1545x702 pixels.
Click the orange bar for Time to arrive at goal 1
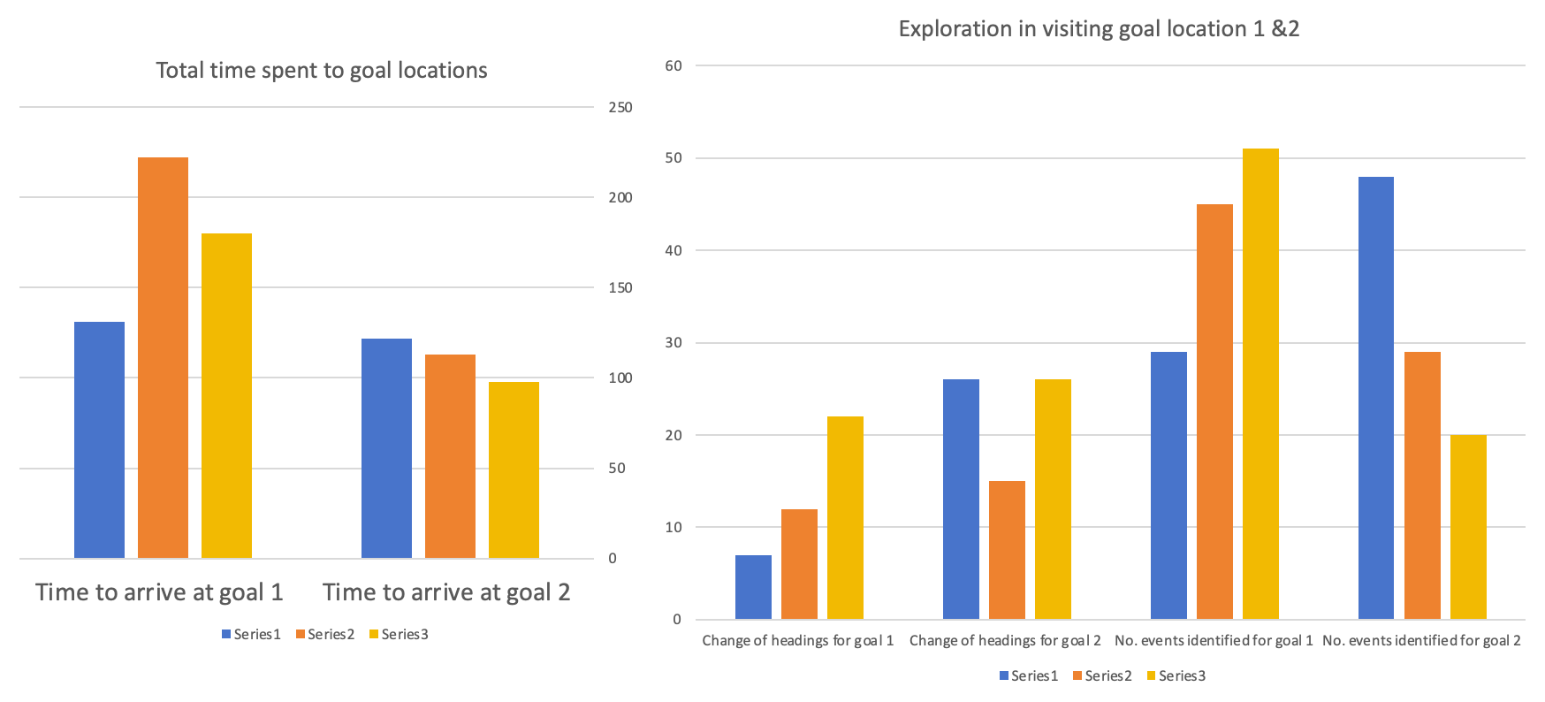tap(163, 358)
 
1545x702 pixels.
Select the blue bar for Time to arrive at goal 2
tap(386, 448)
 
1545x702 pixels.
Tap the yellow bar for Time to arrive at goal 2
tap(514, 469)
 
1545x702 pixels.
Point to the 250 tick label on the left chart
tap(620, 107)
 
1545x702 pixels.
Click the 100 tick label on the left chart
tap(620, 378)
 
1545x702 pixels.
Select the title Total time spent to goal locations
tap(322, 71)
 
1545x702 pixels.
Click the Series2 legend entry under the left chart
tap(325, 634)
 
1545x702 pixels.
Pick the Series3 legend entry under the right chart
tap(1176, 675)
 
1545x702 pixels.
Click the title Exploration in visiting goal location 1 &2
tap(1099, 29)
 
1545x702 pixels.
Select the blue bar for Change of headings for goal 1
tap(753, 587)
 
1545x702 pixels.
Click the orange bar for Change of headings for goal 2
tap(1007, 550)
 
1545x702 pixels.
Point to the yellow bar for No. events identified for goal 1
tap(1260, 384)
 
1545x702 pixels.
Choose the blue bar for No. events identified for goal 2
tap(1375, 398)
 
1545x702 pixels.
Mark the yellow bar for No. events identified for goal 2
tap(1468, 527)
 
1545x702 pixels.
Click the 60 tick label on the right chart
tap(674, 65)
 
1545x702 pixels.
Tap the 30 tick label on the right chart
tap(674, 342)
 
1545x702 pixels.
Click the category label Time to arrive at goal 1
tap(159, 592)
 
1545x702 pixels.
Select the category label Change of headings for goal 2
tap(1005, 640)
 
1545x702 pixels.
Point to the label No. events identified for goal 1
tap(1214, 640)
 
